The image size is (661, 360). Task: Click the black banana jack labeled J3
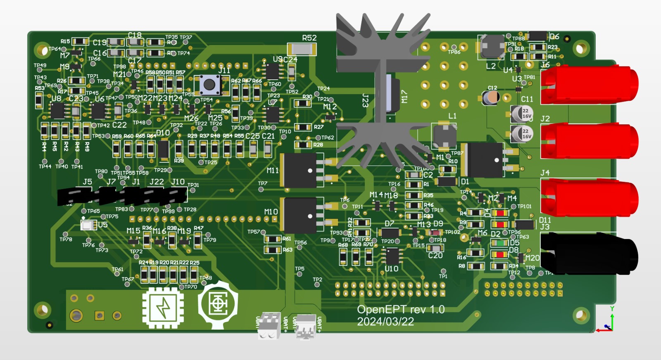tap(589, 253)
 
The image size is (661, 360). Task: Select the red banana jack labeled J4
tap(589, 197)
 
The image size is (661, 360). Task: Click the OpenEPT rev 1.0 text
tap(400, 310)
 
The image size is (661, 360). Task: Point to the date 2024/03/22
tap(385, 322)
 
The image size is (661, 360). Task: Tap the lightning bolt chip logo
tap(163, 308)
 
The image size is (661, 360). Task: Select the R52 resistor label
tap(309, 38)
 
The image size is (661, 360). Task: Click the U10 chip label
tap(391, 269)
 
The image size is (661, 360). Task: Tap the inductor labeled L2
tap(492, 47)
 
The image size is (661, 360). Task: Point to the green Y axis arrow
tap(612, 318)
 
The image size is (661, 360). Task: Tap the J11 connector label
tap(224, 70)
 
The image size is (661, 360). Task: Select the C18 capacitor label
tap(135, 36)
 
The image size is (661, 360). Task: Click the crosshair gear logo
tap(218, 305)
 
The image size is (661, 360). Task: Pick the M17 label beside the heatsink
tap(404, 97)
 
